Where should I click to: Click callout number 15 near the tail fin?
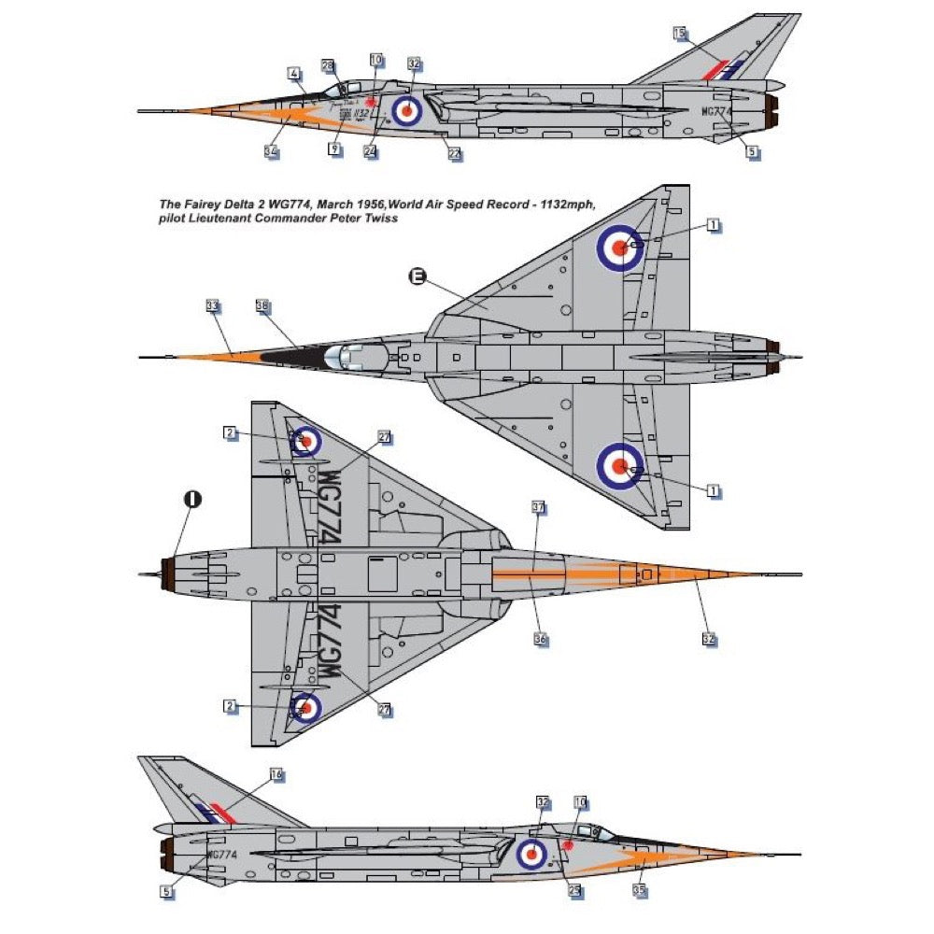click(x=679, y=34)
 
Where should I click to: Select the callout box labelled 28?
click(x=327, y=65)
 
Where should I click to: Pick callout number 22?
click(x=455, y=154)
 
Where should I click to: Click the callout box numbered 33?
click(x=211, y=305)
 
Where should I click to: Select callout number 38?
click(x=262, y=305)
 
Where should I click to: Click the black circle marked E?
click(x=417, y=276)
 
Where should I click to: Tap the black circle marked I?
click(x=191, y=499)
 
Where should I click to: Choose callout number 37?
click(x=538, y=508)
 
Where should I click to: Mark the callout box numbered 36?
click(x=540, y=640)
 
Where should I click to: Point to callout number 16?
click(x=276, y=774)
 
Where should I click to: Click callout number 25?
click(x=574, y=890)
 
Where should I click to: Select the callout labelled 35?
click(x=639, y=891)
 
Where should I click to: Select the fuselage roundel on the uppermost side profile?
click(x=406, y=110)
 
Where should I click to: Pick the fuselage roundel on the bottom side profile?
click(x=532, y=852)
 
